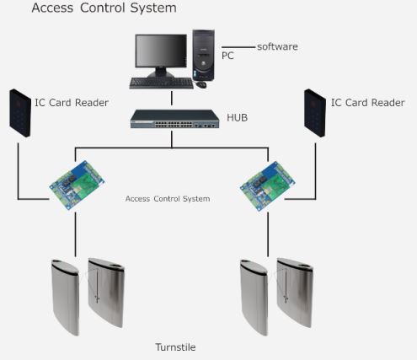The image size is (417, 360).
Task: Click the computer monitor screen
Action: tap(161, 51)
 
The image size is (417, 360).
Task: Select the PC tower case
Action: tap(204, 55)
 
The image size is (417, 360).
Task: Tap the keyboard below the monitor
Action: tap(162, 83)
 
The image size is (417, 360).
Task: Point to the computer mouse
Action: tap(201, 84)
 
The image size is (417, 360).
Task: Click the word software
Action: tap(277, 46)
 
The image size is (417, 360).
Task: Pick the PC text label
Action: tap(227, 56)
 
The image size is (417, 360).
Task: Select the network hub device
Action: tap(174, 119)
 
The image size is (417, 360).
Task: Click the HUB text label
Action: tap(237, 117)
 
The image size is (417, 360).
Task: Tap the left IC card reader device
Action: tap(20, 113)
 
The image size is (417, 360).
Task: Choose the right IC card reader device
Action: tap(315, 113)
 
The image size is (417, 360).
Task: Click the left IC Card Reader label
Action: tap(72, 103)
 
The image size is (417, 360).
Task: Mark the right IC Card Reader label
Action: tap(368, 103)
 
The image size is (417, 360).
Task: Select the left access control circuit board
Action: tap(77, 185)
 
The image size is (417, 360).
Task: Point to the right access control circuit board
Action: tap(268, 185)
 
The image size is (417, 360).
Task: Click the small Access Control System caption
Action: tap(168, 199)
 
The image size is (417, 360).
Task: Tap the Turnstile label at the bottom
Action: tap(175, 347)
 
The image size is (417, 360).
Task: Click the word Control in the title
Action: tap(103, 8)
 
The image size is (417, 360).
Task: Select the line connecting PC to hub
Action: tap(172, 98)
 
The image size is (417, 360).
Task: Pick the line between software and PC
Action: tap(238, 47)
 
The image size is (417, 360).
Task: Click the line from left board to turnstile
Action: tap(75, 234)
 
